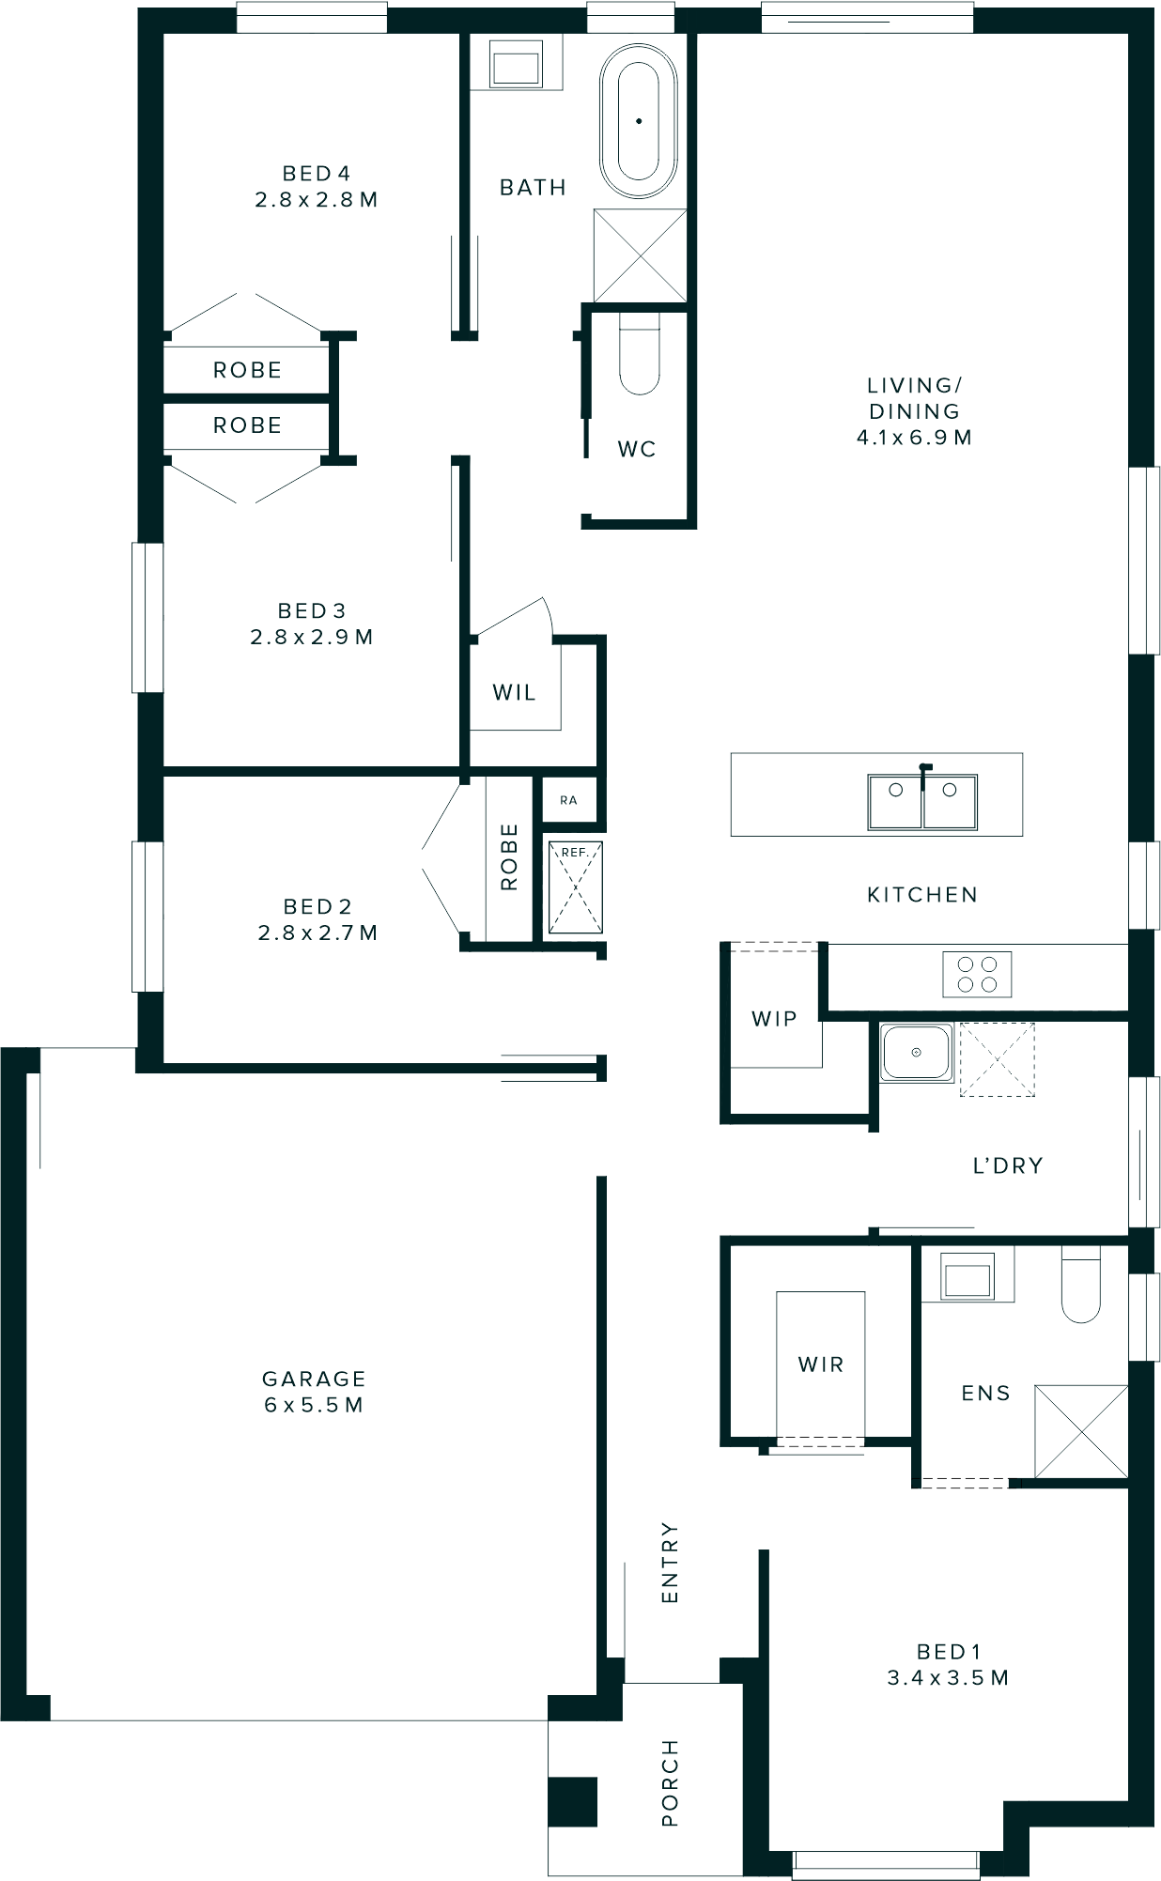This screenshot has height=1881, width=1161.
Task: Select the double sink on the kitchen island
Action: pyautogui.click(x=921, y=801)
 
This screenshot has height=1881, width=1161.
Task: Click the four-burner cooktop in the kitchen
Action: pyautogui.click(x=977, y=974)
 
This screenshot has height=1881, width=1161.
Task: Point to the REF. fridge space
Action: pyautogui.click(x=575, y=887)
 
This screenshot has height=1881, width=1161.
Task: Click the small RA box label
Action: pyautogui.click(x=568, y=800)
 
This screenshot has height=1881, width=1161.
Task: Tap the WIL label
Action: pyautogui.click(x=514, y=693)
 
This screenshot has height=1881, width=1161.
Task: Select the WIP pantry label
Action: pyautogui.click(x=774, y=1019)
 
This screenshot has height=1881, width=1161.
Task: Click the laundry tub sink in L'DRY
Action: pyautogui.click(x=916, y=1052)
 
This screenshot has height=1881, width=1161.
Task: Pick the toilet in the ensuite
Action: pyautogui.click(x=1080, y=1287)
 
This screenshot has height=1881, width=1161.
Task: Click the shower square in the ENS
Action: pyautogui.click(x=1080, y=1431)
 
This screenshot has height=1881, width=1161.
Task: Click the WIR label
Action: pyautogui.click(x=820, y=1364)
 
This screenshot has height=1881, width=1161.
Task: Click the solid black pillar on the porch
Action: pyautogui.click(x=573, y=1802)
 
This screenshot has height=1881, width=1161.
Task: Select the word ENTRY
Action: pyautogui.click(x=669, y=1562)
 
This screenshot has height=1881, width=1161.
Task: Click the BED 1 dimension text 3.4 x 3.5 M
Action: pyautogui.click(x=948, y=1676)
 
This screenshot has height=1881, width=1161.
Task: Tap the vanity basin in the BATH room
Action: pyautogui.click(x=516, y=68)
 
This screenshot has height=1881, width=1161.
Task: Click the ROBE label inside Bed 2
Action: pyautogui.click(x=508, y=856)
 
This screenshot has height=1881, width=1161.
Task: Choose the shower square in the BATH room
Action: pyautogui.click(x=640, y=255)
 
